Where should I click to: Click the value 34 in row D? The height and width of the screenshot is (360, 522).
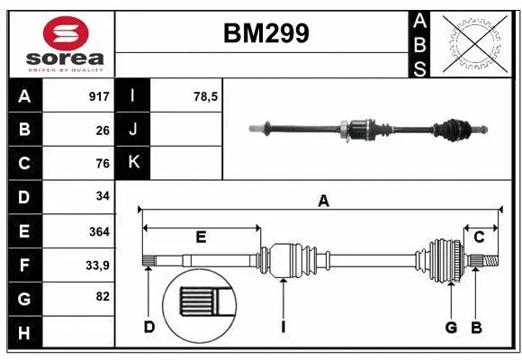(x=103, y=196)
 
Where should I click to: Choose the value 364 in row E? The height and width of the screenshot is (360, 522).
(x=99, y=231)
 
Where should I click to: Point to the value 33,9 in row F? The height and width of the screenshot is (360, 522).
(x=97, y=265)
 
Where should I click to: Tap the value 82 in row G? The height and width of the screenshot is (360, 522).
(x=103, y=297)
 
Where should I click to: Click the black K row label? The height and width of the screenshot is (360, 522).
(x=133, y=163)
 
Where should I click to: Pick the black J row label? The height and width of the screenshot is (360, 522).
(x=133, y=130)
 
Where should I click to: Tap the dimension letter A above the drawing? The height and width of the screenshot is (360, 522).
(x=322, y=202)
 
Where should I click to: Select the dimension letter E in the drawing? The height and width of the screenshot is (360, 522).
(x=201, y=238)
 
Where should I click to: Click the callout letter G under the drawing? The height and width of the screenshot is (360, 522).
(x=451, y=327)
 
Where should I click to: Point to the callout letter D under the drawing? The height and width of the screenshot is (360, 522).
(x=148, y=327)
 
